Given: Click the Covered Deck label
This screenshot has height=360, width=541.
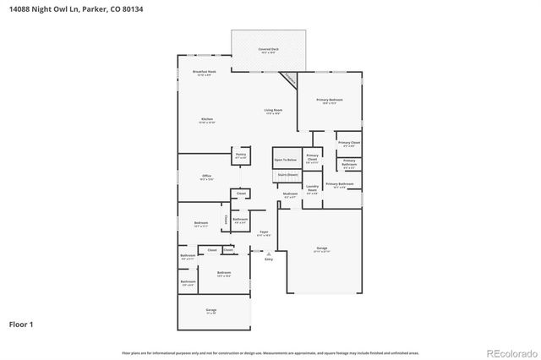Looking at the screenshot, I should [269, 50].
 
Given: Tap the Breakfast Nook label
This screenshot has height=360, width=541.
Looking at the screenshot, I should [204, 72].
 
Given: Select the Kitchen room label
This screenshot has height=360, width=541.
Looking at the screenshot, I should [207, 120].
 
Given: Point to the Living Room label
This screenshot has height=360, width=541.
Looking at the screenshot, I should [273, 111].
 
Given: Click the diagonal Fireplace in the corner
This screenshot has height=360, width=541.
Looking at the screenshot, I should [289, 79].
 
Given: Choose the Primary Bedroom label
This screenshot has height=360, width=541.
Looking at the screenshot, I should [329, 101].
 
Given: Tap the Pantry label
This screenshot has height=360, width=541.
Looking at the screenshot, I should [241, 155].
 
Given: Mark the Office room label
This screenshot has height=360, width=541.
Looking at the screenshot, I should [206, 177].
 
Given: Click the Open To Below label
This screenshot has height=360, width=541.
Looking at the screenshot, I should [286, 159].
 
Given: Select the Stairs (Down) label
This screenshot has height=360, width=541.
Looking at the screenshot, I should [287, 175].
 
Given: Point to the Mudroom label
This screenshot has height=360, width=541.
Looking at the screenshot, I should [290, 194].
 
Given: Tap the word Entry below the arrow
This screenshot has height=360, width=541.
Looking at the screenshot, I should [269, 259].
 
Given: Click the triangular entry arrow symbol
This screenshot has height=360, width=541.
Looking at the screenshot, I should [269, 253].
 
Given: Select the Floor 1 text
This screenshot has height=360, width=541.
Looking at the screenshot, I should [22, 323].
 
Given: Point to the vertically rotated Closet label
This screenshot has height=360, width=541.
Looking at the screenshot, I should [225, 220].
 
